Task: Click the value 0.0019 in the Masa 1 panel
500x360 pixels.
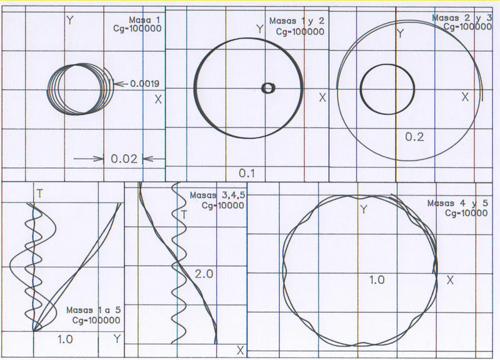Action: (145, 84)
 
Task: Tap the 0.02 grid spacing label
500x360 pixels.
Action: (124, 159)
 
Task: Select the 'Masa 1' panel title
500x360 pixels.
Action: (144, 20)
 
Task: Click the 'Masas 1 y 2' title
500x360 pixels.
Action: (296, 21)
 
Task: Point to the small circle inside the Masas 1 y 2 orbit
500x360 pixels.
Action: (268, 88)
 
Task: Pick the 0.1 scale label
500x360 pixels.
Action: (247, 173)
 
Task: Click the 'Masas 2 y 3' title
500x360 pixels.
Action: (462, 17)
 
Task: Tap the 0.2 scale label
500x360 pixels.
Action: (414, 136)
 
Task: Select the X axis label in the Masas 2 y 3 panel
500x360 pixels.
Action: (465, 97)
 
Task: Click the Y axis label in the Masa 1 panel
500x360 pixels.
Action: (69, 21)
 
